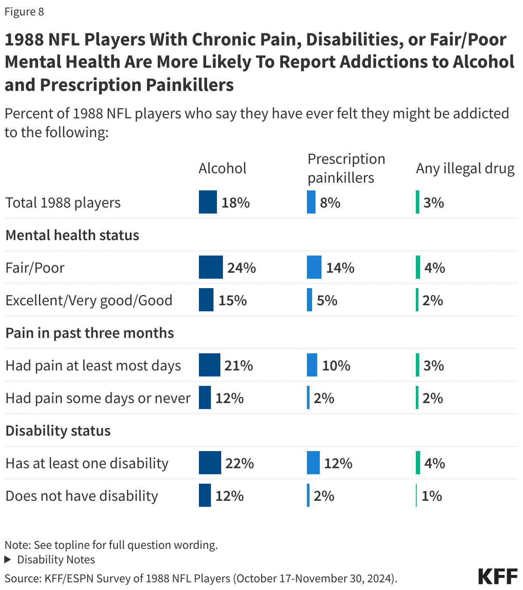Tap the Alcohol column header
click(222, 169)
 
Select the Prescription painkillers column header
click(346, 168)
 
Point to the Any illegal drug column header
click(465, 169)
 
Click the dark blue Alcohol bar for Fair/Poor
click(210, 268)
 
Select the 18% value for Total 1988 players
click(235, 202)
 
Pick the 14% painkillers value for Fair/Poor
click(340, 268)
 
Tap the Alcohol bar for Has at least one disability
click(210, 463)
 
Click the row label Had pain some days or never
click(98, 398)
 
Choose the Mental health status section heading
click(72, 235)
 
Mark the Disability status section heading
click(58, 430)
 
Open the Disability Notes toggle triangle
click(8, 560)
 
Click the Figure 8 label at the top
click(24, 12)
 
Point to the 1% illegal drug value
click(431, 496)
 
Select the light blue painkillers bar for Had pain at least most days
click(312, 365)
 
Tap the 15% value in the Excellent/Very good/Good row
click(232, 300)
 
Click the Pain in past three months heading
click(89, 333)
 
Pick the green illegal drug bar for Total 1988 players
click(417, 202)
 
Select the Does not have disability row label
click(81, 496)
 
